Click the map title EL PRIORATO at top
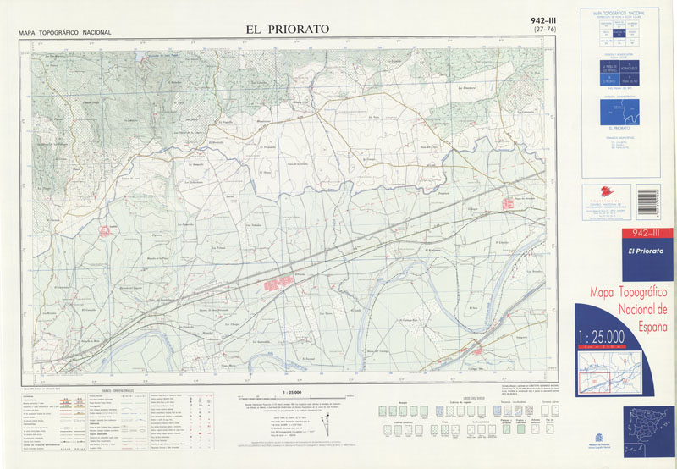(287, 29)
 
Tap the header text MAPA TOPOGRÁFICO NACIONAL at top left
(64, 33)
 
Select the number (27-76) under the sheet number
(544, 30)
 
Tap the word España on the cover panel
(647, 326)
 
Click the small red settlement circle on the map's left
(106, 230)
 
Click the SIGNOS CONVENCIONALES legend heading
(119, 390)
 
